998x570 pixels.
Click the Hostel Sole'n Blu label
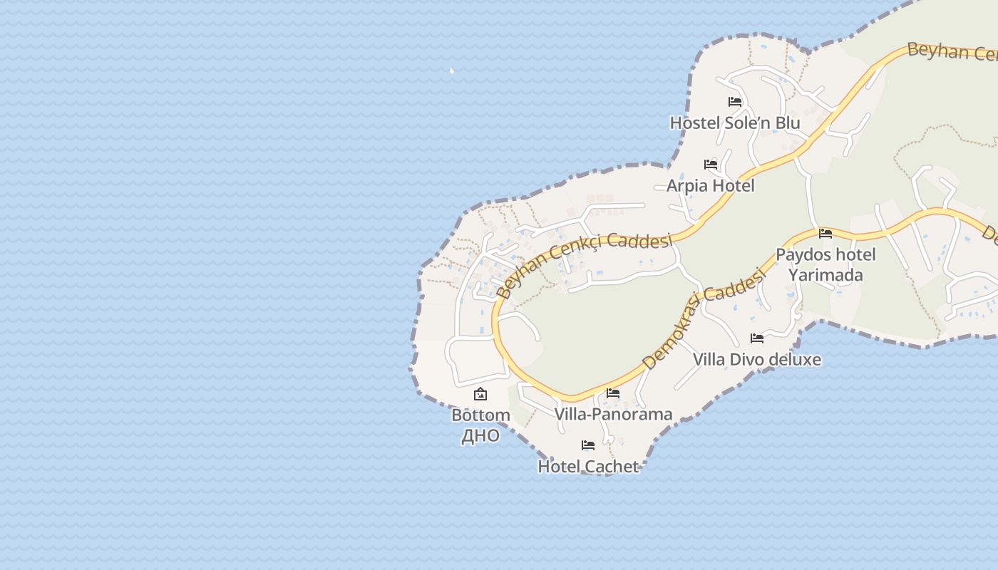coord(734,123)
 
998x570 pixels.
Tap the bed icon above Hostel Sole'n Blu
coord(735,102)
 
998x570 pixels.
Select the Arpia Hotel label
coord(710,186)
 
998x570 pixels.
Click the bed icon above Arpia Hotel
coord(711,165)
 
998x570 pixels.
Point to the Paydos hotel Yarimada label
coord(825,264)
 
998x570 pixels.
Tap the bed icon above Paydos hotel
coord(825,233)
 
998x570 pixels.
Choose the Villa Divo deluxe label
coord(756,360)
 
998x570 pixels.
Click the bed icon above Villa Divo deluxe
coord(757,338)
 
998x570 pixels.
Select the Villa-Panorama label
coord(613,414)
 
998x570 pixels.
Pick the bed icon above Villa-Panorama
coord(613,393)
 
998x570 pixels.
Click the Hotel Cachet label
coord(588,467)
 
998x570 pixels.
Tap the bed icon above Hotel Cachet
coord(588,445)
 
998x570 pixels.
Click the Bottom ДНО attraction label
coord(480,425)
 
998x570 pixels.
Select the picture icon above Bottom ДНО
coord(480,394)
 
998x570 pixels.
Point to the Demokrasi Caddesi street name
coord(702,321)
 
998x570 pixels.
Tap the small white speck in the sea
coord(452,71)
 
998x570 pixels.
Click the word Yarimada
coord(825,275)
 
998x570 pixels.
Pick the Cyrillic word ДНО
coord(480,435)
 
